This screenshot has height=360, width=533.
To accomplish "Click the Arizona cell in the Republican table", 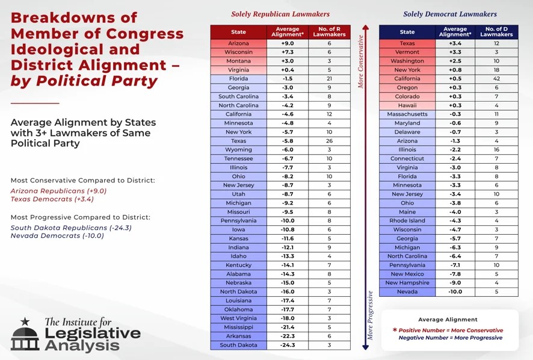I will click(239, 44).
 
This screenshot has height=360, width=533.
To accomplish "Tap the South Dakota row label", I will click(239, 345).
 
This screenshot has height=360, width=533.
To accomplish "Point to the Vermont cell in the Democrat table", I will click(407, 52).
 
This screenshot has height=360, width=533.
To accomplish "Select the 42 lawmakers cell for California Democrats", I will click(496, 79).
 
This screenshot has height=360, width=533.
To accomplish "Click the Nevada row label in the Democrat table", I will click(407, 292).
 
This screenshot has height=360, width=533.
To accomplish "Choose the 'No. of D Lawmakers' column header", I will click(496, 32).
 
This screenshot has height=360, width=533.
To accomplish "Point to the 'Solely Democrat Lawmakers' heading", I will click(450, 14).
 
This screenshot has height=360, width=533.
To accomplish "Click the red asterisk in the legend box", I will click(395, 331).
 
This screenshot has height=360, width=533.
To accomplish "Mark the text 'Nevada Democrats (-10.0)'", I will click(57, 236).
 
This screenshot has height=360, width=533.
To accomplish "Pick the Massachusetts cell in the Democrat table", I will click(407, 114).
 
